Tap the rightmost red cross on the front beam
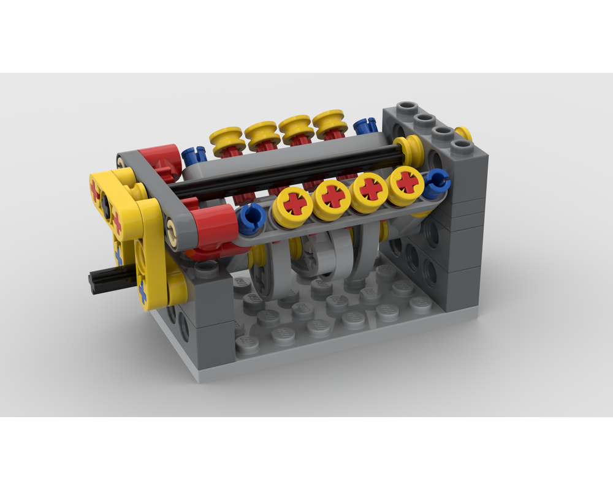click(x=406, y=182)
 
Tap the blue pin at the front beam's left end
click(x=252, y=216)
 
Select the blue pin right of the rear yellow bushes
click(x=365, y=127)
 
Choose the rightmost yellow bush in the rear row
click(x=330, y=123)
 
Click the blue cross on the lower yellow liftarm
click(x=143, y=292)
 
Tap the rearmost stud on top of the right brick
click(x=404, y=110)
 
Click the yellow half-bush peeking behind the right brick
click(x=464, y=134)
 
